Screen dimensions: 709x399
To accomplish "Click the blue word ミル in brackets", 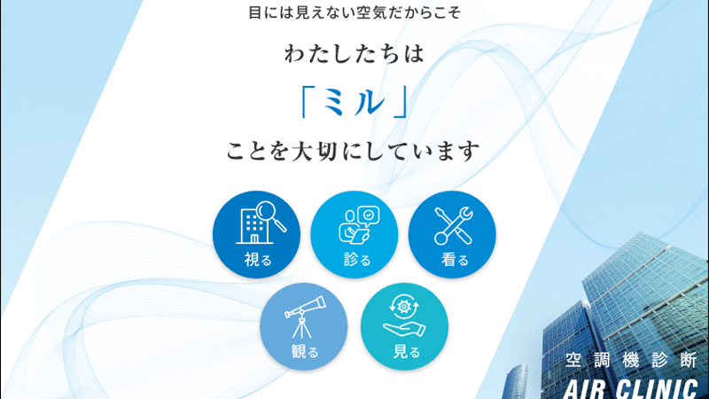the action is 354,102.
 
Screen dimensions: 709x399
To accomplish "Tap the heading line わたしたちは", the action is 354,53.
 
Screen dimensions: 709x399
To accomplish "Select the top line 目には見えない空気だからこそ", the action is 354,12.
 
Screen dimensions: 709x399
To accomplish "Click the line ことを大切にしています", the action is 353,151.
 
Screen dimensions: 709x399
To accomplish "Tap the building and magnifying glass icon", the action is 261,223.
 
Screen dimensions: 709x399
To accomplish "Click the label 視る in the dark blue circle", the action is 258,260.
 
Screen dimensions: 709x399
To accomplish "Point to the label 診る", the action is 357,260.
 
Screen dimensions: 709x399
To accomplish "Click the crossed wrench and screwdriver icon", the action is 454,226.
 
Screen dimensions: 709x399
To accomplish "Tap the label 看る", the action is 455,260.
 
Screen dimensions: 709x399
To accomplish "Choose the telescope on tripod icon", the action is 305,317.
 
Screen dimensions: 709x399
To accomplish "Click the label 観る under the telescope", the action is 305,351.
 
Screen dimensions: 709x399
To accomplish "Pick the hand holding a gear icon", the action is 404,316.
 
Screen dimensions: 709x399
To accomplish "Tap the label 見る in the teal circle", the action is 407,351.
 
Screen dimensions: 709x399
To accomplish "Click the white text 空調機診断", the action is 631,360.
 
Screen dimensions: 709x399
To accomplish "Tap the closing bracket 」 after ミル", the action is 401,102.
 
